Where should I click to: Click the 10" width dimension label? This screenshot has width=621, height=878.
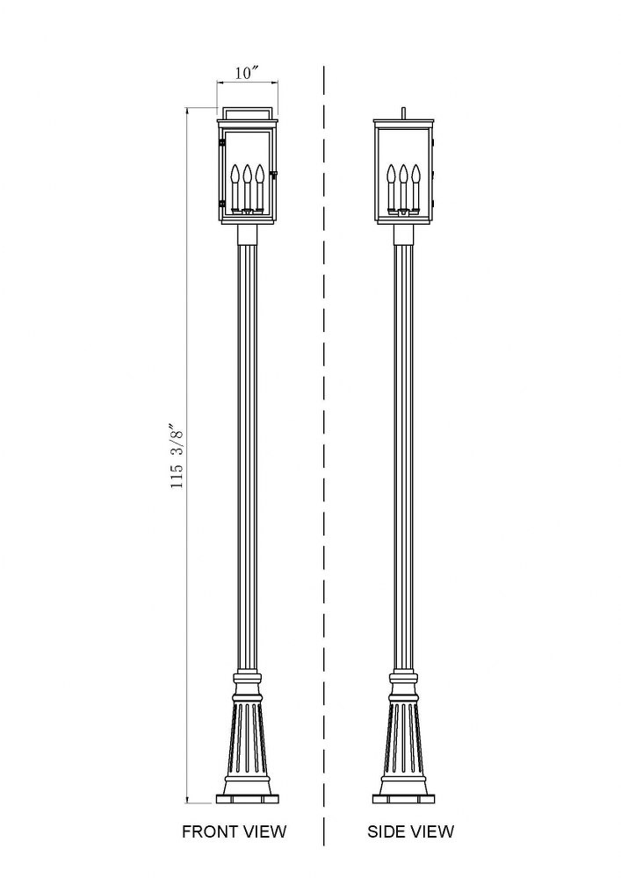(x=247, y=73)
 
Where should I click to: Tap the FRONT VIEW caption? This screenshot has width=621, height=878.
(x=234, y=831)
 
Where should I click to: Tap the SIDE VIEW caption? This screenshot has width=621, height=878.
(x=410, y=831)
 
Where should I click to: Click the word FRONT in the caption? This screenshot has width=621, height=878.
(x=210, y=831)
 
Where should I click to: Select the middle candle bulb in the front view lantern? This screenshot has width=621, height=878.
(x=247, y=174)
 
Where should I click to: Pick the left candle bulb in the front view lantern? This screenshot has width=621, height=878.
(x=235, y=174)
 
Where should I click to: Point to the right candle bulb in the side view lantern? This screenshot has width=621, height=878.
(x=415, y=174)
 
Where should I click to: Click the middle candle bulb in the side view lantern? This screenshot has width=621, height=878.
(x=403, y=174)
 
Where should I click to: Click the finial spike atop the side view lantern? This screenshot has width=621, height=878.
(x=403, y=112)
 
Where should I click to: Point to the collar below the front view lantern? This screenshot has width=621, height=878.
(x=247, y=234)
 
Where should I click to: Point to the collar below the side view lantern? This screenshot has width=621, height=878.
(x=403, y=234)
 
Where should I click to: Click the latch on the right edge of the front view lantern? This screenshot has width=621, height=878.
(x=274, y=176)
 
